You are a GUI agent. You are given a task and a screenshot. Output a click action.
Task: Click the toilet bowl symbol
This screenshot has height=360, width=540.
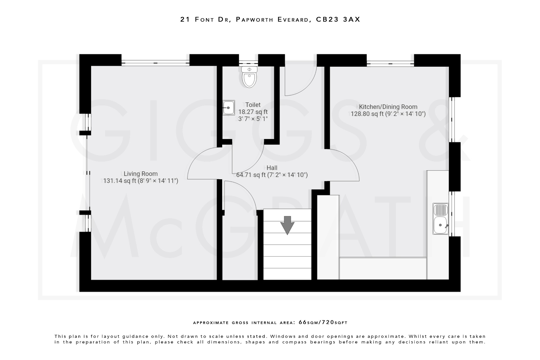(249, 77)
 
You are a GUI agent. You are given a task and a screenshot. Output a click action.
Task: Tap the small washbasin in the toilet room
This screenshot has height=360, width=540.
(229, 108)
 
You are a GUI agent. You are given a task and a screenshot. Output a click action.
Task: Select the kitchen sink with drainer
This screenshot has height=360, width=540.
(441, 219)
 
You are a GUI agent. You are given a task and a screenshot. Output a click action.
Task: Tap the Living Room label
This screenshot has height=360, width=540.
(141, 174)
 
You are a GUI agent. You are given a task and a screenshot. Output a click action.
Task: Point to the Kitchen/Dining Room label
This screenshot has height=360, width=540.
(388, 107)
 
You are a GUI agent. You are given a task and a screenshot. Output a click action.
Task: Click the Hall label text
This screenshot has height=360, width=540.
(272, 168)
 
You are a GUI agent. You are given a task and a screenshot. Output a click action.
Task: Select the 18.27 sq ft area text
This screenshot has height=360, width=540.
(253, 112)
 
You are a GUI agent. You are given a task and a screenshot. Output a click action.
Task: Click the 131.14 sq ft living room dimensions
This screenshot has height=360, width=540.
(141, 181)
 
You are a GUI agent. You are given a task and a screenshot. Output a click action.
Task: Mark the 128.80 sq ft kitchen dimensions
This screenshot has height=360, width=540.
(388, 114)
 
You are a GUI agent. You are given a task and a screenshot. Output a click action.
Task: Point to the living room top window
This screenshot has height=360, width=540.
(155, 63)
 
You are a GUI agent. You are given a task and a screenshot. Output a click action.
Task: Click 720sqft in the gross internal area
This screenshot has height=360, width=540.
(335, 322)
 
